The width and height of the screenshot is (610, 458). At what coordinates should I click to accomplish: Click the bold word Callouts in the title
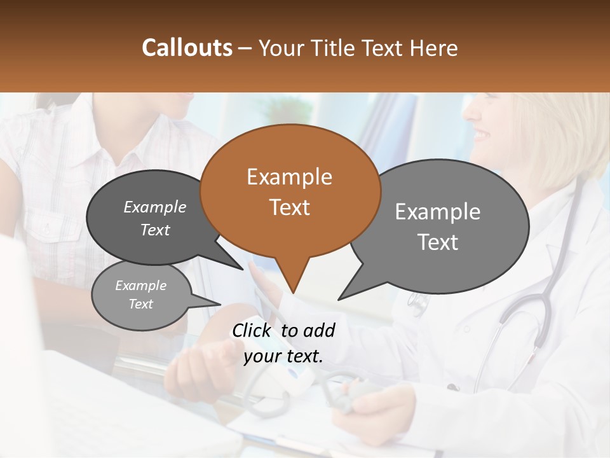(187, 48)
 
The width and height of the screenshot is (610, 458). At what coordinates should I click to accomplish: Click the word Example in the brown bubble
(289, 177)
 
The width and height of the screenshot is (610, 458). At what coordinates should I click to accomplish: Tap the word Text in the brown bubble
(289, 207)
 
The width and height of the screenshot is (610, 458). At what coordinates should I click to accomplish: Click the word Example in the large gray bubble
(438, 212)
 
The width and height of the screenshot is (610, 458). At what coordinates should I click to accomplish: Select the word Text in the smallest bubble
(141, 304)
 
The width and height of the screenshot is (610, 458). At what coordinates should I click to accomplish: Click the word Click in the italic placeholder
(252, 330)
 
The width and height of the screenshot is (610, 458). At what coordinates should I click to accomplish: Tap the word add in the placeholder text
(319, 330)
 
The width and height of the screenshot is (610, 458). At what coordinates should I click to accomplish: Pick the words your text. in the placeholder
(283, 356)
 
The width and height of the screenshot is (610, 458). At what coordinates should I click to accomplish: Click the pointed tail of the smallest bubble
(219, 303)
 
